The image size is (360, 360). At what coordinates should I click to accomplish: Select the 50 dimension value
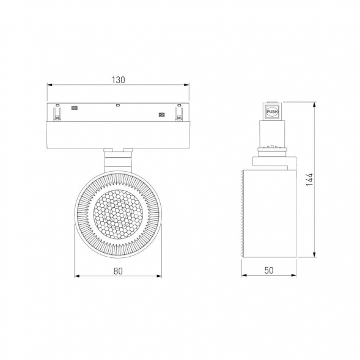[x=269, y=270]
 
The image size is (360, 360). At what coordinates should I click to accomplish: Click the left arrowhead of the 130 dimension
[x=50, y=85]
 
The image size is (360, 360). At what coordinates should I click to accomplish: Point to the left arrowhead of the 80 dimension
[x=76, y=276]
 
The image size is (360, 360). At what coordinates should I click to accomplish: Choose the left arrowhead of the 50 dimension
[x=244, y=276]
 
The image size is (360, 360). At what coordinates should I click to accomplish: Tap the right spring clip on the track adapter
[x=178, y=114]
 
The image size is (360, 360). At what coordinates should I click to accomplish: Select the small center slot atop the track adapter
[x=118, y=106]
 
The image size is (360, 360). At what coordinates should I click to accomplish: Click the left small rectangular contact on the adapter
[x=75, y=108]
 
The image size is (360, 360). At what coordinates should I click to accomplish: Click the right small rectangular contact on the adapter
[x=161, y=114]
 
